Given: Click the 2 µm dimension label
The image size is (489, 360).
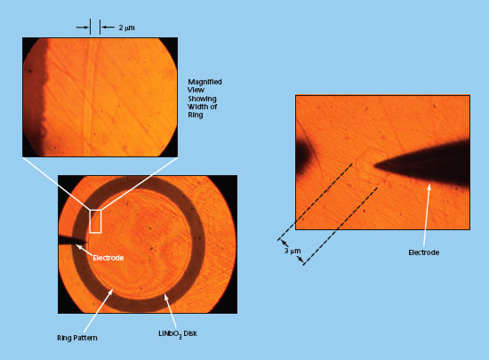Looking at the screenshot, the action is (126, 28).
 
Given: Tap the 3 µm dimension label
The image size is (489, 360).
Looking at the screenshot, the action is (293, 251).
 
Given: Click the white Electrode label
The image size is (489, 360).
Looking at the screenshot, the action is (108, 258).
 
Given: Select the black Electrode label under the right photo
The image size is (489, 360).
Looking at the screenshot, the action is (424, 252).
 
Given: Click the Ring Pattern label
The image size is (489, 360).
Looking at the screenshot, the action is (77, 338).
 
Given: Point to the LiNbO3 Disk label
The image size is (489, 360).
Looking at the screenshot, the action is (178, 334).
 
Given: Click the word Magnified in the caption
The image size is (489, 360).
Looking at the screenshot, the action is (204, 82).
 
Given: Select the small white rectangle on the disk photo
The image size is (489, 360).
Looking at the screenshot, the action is (95, 221).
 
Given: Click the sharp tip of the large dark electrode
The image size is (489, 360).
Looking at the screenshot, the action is (375, 165).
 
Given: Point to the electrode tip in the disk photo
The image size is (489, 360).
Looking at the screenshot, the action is (86, 242).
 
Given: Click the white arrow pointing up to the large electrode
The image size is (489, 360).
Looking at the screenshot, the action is (427, 215).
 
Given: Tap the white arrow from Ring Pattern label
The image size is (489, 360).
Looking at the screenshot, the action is (98, 310).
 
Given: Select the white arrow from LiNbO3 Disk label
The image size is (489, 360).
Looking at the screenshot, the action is (171, 311).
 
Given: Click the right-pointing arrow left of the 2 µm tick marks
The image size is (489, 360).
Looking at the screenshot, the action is (83, 28).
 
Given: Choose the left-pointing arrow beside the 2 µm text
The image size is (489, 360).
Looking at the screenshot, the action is (108, 28).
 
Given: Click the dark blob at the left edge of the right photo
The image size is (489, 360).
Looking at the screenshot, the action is (302, 157).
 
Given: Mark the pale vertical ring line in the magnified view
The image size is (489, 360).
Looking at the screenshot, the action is (88, 97).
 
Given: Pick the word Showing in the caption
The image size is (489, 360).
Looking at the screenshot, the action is (202, 99).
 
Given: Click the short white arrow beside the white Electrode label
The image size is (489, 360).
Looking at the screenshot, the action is (84, 251).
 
